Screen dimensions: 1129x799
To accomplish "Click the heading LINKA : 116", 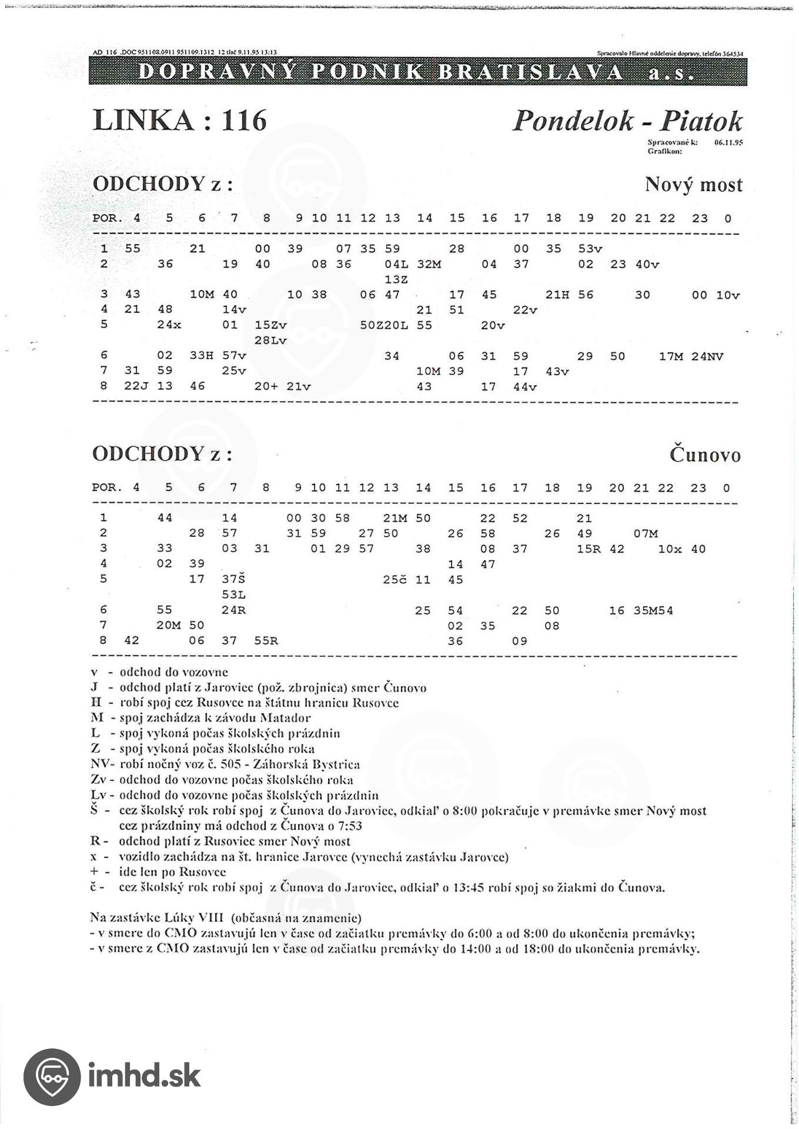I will click(x=180, y=121).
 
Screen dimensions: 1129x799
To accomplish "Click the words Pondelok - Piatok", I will click(x=627, y=121).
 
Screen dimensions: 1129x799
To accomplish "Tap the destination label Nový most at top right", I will click(x=693, y=185).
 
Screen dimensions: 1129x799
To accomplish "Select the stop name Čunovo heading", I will click(x=705, y=455).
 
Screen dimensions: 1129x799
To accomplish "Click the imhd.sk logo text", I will click(x=144, y=1075).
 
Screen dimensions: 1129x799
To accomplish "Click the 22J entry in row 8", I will click(x=133, y=387).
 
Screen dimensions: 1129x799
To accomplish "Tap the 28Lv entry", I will click(x=270, y=340).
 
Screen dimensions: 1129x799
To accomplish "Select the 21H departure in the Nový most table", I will click(x=557, y=295).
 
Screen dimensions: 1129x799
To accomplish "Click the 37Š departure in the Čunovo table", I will click(x=233, y=580).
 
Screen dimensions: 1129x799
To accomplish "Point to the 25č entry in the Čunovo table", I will click(x=395, y=580).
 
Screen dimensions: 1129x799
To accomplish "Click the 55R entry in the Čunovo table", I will click(x=266, y=641).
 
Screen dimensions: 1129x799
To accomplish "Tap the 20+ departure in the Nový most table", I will click(x=266, y=387).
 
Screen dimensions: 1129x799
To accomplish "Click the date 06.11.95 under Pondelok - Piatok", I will click(x=728, y=142).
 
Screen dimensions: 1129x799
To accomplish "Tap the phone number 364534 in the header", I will click(x=731, y=54).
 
